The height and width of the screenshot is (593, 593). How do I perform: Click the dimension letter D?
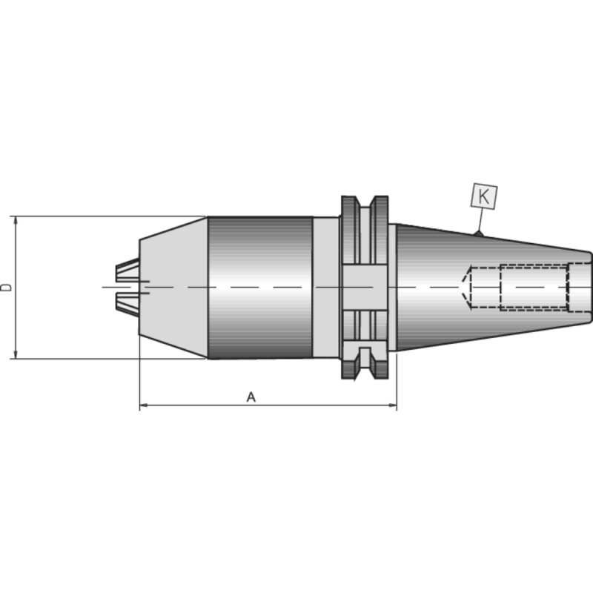[x=7, y=287]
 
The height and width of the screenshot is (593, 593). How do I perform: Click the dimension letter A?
[x=251, y=398]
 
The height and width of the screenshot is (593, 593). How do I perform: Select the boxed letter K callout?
[x=484, y=196]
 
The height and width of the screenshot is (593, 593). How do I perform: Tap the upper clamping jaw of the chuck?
[x=127, y=271]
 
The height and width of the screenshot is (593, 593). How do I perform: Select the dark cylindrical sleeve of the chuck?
[x=259, y=287]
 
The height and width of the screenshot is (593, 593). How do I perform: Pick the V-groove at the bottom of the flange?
[x=364, y=369]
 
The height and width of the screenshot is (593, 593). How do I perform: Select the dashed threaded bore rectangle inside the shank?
[x=534, y=287]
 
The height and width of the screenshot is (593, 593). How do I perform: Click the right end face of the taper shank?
[x=590, y=287]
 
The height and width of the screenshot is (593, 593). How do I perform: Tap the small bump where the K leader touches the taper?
[x=478, y=234]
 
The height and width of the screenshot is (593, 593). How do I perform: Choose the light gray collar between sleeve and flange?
[x=325, y=287]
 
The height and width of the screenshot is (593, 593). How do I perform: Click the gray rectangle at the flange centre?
[x=364, y=287]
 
